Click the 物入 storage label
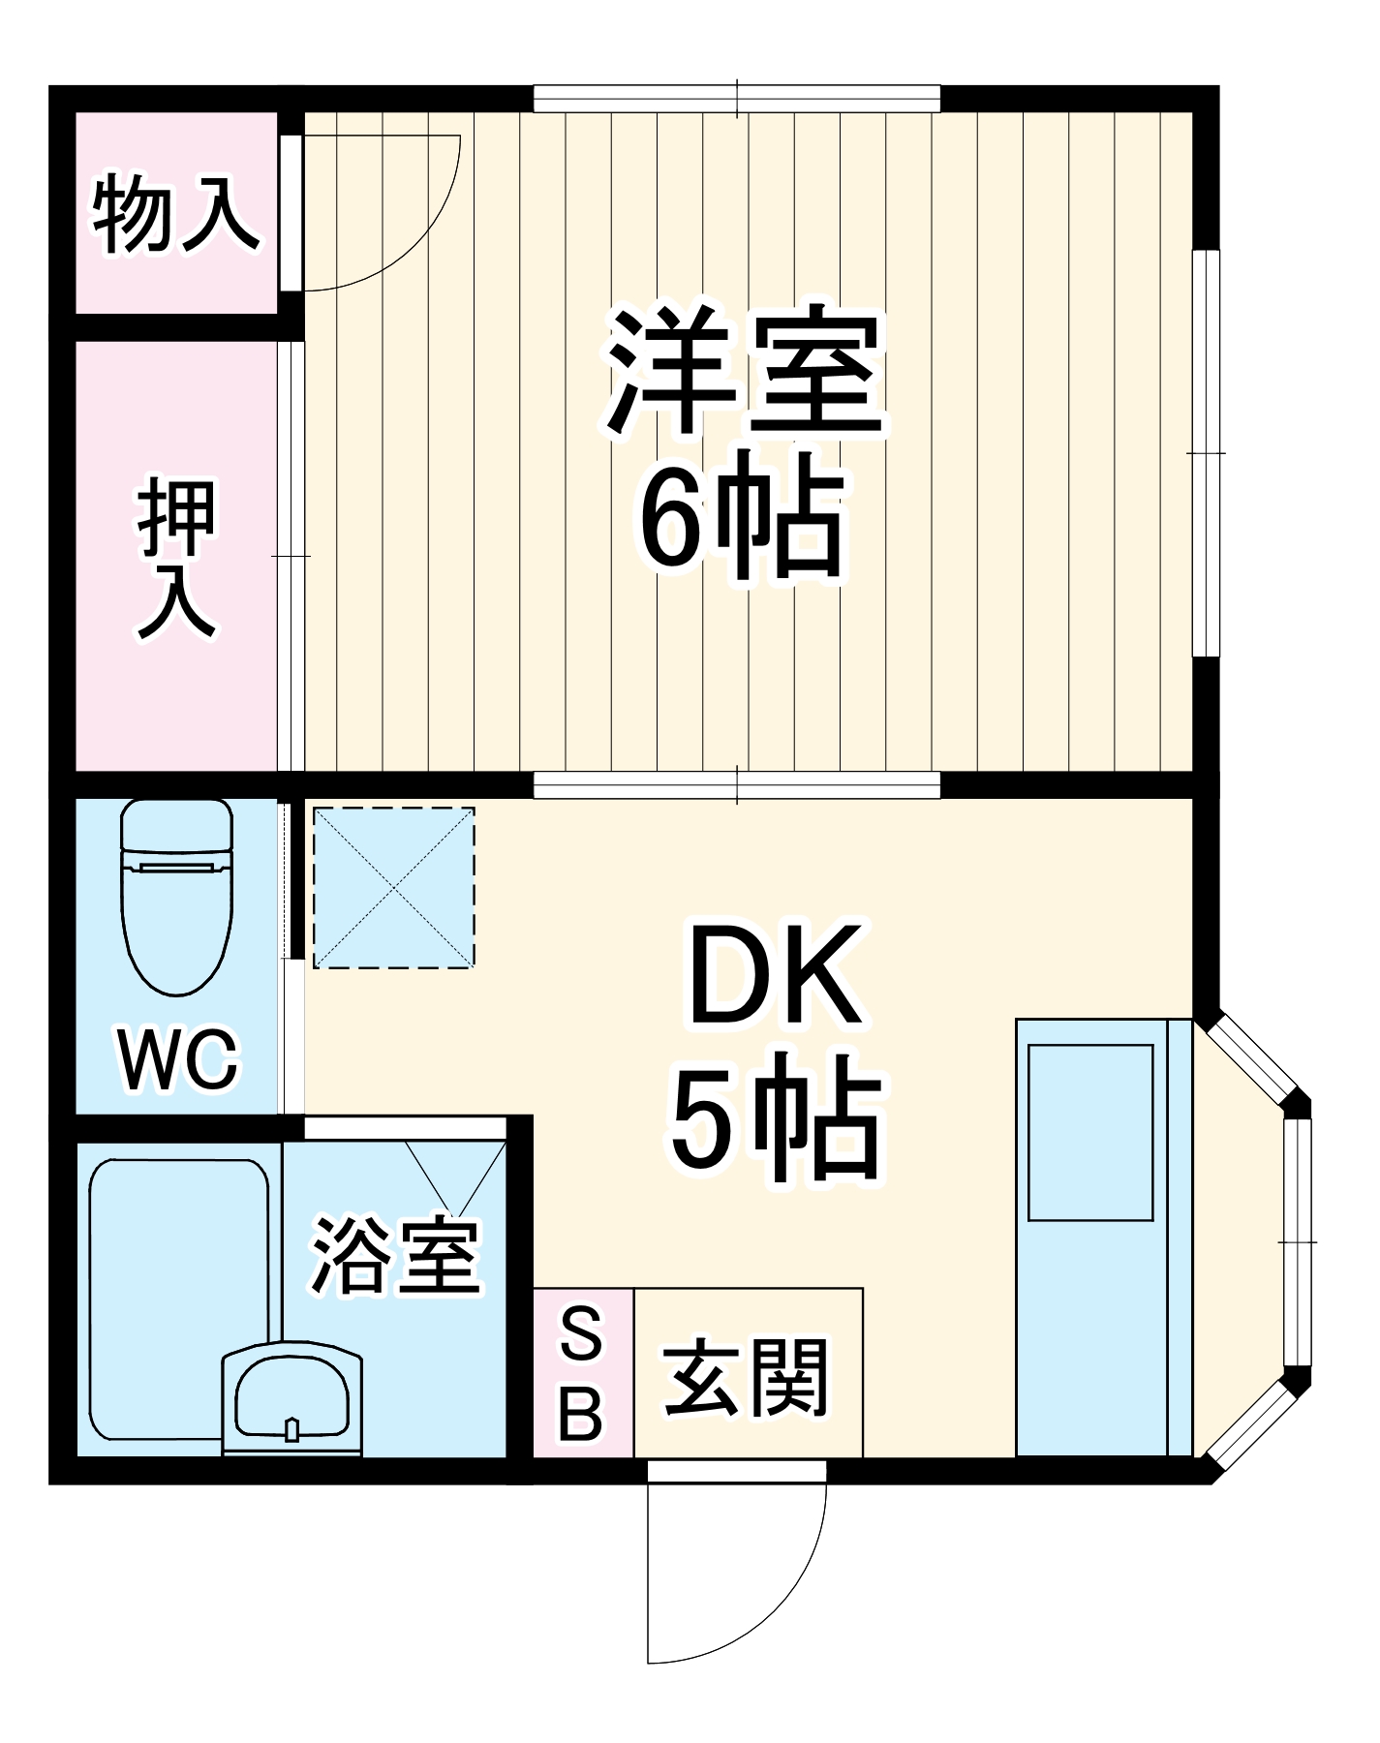click(x=176, y=214)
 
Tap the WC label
click(x=177, y=1059)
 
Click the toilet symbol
click(x=177, y=896)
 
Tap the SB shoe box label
click(x=582, y=1373)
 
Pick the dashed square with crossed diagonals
click(x=394, y=887)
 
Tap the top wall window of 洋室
click(x=737, y=99)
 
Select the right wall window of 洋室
click(x=1206, y=452)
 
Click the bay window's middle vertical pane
click(x=1298, y=1241)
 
